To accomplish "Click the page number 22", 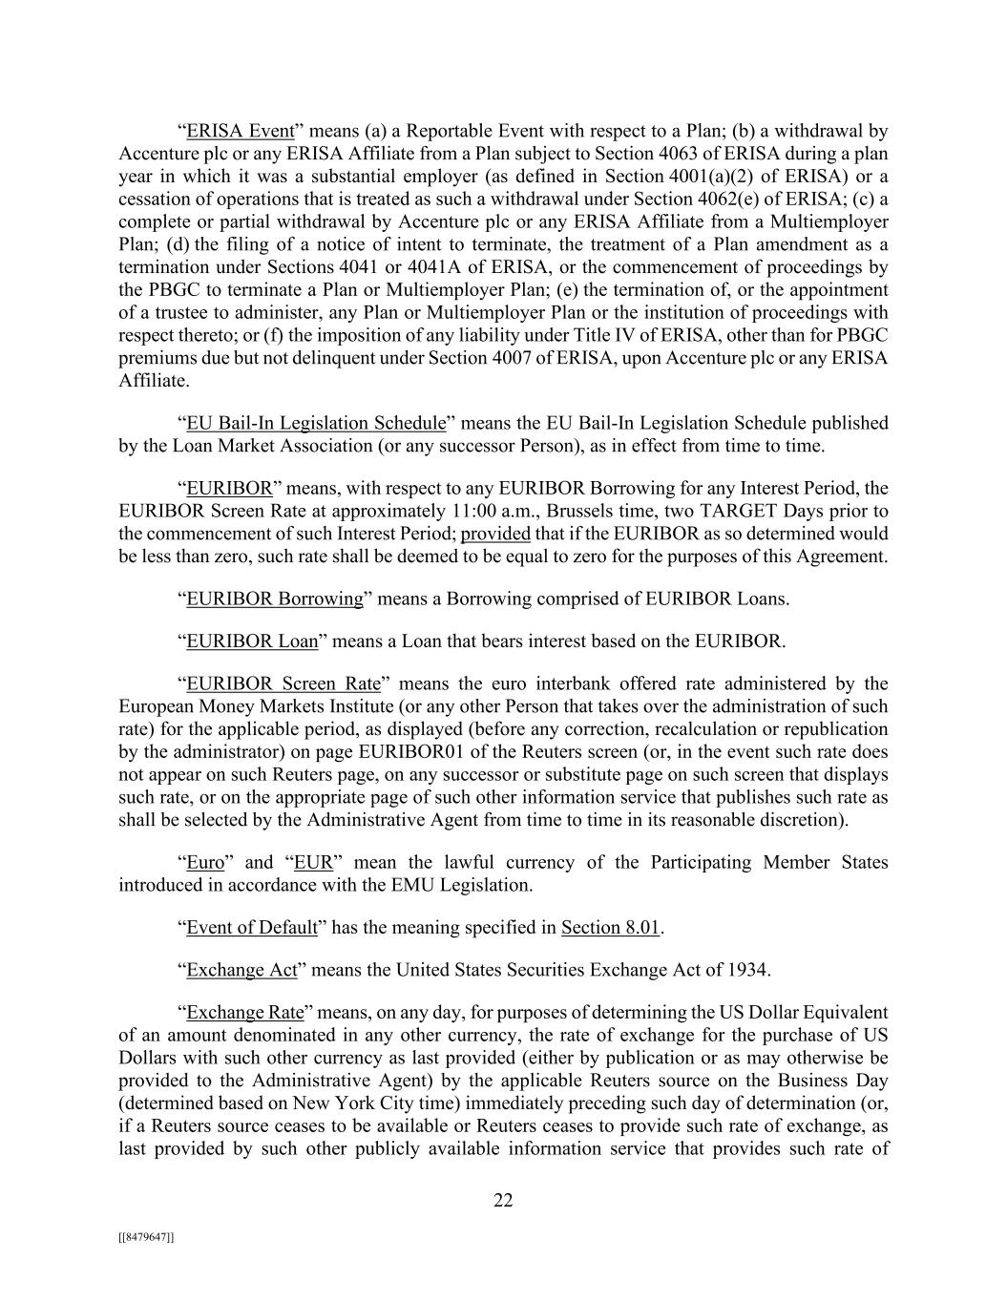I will (503, 1201).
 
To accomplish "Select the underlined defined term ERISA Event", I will (240, 131).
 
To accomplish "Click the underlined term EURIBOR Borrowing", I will (275, 599).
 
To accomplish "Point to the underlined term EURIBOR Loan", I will (252, 641).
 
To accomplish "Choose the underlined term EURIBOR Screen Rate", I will (283, 683).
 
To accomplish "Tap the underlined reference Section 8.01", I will (611, 928).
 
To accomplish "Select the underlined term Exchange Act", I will (242, 970).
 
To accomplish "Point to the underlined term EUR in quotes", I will (313, 863).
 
